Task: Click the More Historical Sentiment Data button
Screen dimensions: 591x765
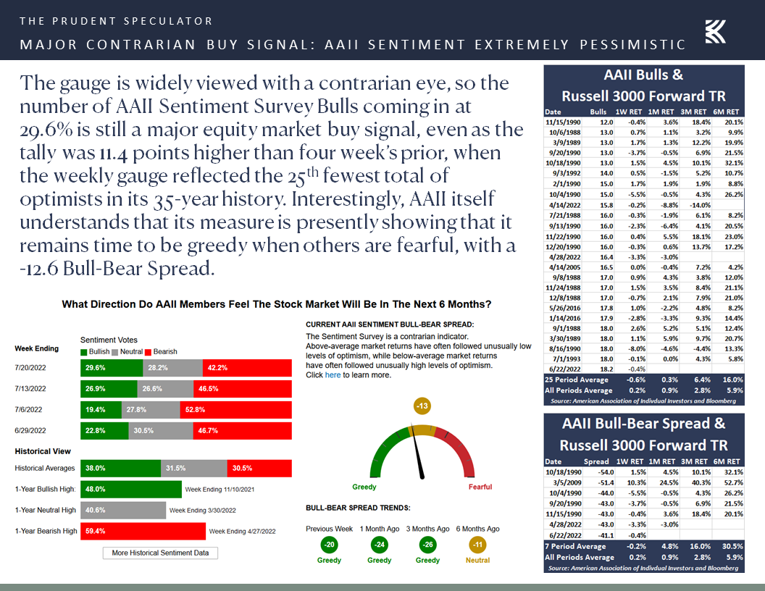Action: pos(160,553)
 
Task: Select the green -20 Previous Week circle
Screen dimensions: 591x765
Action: pos(330,544)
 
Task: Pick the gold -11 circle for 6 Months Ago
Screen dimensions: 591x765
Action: pos(477,544)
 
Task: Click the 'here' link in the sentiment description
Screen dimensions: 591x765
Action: pos(333,375)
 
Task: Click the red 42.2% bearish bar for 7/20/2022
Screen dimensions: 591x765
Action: pos(247,367)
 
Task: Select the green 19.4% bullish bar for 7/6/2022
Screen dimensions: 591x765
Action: pos(101,409)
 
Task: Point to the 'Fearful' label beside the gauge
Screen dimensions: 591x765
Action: pos(480,487)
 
